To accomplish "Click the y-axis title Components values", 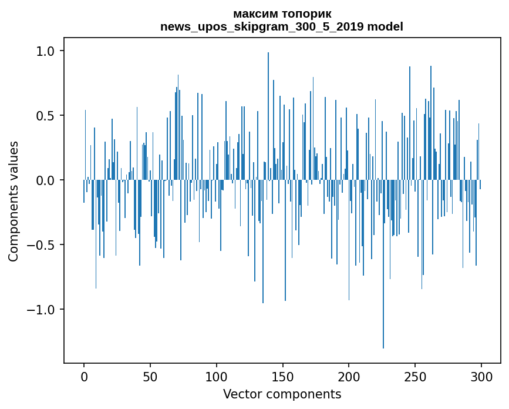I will (x=14, y=201).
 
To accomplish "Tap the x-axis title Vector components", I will (x=282, y=394).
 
